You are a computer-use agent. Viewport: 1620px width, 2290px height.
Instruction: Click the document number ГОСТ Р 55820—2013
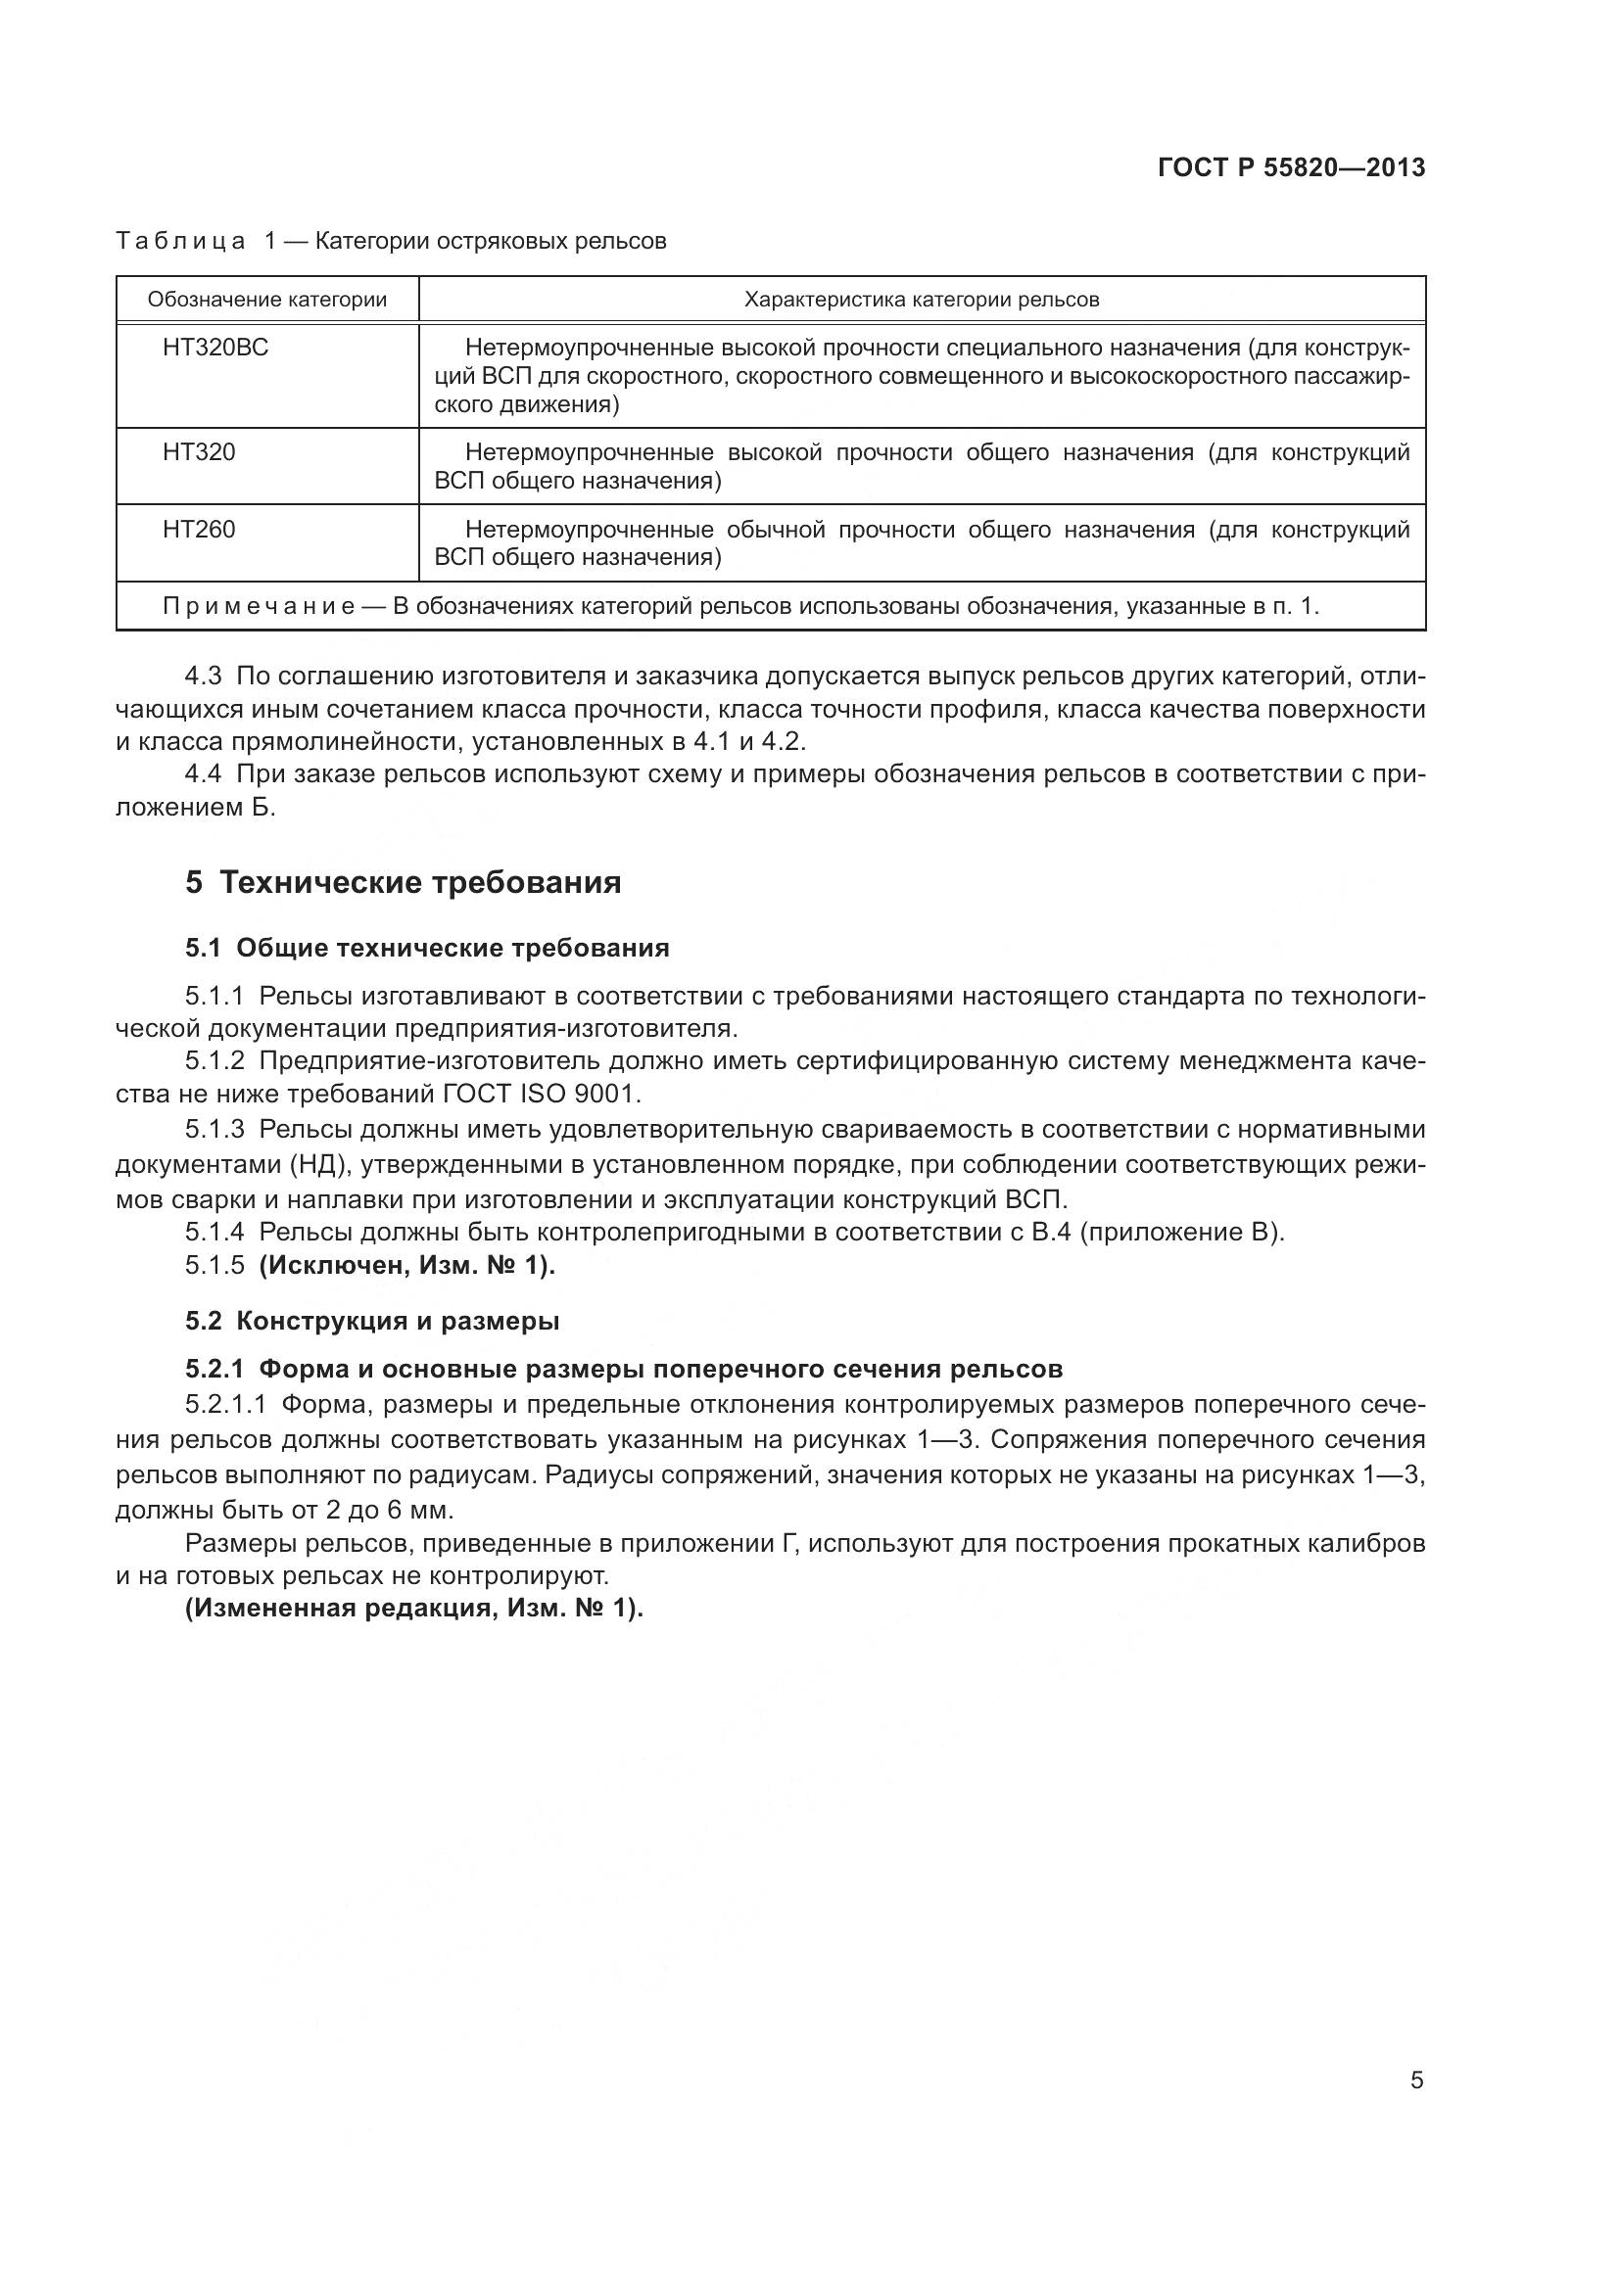(1291, 167)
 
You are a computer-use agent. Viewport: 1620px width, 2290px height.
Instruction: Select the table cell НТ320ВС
(215, 349)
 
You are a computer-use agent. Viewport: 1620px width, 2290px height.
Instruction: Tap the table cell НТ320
(199, 453)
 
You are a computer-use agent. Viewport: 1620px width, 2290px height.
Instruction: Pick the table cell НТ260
(199, 530)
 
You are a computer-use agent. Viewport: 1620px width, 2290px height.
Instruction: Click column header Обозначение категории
(267, 300)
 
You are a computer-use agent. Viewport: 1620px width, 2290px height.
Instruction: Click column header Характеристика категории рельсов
(922, 300)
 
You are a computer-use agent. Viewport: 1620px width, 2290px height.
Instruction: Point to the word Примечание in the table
(259, 606)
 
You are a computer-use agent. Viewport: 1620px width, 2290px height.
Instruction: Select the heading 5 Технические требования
(403, 883)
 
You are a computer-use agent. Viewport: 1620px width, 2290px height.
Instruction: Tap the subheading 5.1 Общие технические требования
(427, 948)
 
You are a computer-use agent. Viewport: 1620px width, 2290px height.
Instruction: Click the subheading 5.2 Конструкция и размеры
(372, 1321)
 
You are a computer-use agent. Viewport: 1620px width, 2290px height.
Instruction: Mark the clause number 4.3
(204, 677)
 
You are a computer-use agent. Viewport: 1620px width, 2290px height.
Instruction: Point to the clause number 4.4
(204, 774)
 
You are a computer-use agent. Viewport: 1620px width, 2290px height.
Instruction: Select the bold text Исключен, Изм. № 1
(407, 1265)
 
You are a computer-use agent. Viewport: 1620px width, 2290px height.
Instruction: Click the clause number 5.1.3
(214, 1129)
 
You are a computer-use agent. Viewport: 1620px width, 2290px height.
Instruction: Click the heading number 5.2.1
(214, 1369)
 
